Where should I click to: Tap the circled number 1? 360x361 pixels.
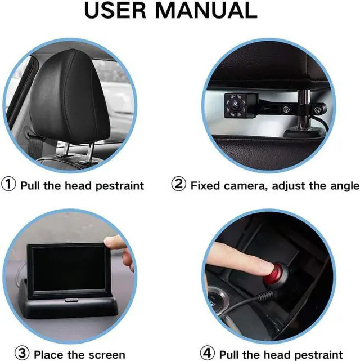tap(10, 185)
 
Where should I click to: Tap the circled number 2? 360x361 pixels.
tap(179, 185)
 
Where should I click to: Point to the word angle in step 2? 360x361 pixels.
tap(343, 185)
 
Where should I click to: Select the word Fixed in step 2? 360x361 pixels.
tap(206, 185)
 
